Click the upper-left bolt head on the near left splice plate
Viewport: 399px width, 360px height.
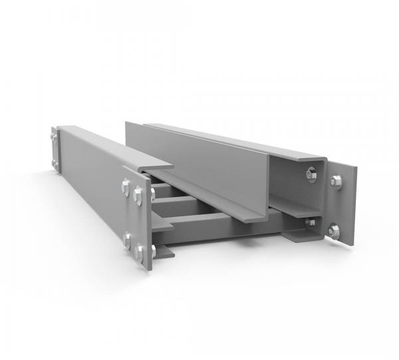[x=125, y=187]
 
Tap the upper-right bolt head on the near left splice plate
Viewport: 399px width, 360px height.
[x=138, y=194]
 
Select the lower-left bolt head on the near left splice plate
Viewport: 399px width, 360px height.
[x=126, y=239]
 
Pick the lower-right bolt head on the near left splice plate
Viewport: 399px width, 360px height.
[x=140, y=252]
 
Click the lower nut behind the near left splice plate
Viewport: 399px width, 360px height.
[x=154, y=252]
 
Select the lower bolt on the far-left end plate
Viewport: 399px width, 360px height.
[x=55, y=164]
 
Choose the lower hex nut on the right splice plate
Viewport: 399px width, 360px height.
[x=333, y=231]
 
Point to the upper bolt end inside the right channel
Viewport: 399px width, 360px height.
[x=311, y=174]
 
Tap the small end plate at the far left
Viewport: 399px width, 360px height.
[x=55, y=150]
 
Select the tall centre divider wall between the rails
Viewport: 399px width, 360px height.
[x=199, y=166]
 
